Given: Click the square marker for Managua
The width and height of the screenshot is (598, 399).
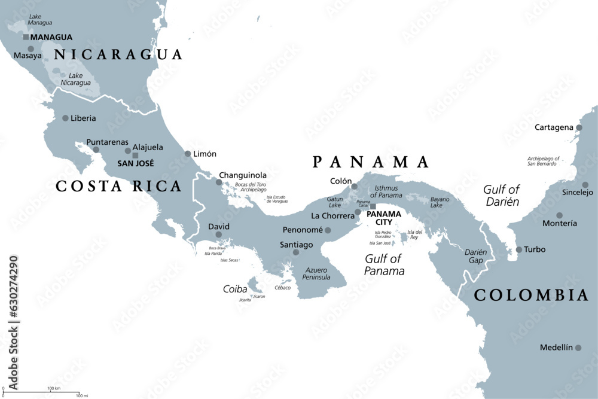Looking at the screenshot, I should tap(26, 37).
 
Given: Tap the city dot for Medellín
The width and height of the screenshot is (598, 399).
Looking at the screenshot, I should tap(578, 348).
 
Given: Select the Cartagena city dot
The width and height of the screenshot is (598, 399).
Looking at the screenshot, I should tap(579, 127).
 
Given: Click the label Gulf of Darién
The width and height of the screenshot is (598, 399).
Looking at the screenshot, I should tap(501, 196).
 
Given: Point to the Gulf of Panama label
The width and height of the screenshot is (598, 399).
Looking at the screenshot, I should tap(384, 265).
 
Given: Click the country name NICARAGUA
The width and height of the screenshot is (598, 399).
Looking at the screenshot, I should tap(118, 55).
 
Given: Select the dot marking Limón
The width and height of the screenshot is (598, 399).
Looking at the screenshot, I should tap(188, 154).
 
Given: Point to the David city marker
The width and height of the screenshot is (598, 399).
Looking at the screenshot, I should tap(218, 234).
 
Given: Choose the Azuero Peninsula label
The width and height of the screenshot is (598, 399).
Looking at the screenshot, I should tap(316, 273).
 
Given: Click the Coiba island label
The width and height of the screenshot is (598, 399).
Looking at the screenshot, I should tap(235, 289).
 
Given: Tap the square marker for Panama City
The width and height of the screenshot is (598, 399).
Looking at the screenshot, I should tap(373, 206).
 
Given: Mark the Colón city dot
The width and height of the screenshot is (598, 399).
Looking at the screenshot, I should tap(354, 187).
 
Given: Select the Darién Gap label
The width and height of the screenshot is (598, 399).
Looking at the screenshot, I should tap(475, 257).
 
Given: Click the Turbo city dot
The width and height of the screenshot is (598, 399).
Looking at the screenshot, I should tap(519, 249).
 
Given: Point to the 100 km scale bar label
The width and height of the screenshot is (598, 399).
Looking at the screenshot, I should tap(54, 389).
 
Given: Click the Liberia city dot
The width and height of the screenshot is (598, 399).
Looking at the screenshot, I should tap(65, 118).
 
